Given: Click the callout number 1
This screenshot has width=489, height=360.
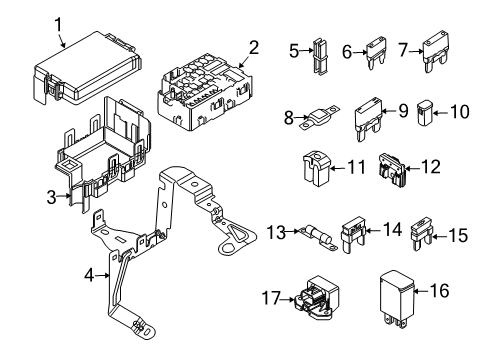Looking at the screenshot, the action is click(58, 25).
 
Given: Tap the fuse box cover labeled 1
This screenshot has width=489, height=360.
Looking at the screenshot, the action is click(88, 68).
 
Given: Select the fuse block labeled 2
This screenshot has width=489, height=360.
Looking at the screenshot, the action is click(204, 93).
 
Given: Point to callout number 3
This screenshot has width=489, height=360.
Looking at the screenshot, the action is click(51, 197).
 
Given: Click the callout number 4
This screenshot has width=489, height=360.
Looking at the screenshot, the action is click(89, 275).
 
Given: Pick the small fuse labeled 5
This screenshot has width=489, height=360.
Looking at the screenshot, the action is click(320, 56).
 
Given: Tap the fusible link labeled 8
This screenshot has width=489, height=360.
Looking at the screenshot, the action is click(319, 117).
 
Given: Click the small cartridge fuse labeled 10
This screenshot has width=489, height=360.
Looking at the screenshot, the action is click(425, 113).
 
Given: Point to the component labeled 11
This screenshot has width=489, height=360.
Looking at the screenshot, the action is click(316, 168).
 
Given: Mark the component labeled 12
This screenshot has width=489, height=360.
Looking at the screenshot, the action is click(392, 170).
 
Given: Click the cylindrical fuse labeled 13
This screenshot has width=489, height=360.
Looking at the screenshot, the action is click(318, 237).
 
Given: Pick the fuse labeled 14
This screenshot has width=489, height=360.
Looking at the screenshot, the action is click(353, 234).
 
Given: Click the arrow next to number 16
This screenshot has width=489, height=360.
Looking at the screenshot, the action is click(421, 291).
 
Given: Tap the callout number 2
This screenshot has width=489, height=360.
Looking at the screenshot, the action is click(254, 48).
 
